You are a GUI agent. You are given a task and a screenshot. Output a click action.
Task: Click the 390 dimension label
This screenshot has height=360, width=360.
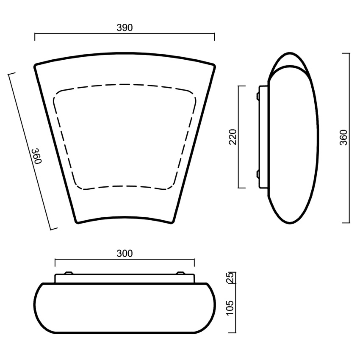click(125, 28)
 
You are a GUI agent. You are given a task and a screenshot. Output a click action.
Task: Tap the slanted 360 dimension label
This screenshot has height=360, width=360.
click(36, 156)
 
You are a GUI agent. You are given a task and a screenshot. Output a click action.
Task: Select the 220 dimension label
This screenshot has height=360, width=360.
click(233, 137)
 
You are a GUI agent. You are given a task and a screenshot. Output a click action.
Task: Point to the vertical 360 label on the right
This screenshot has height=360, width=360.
click(344, 137)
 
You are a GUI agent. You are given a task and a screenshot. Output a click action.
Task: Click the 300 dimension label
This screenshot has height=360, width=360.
click(125, 253)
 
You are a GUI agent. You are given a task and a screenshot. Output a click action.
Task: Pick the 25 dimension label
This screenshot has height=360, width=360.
click(230, 277)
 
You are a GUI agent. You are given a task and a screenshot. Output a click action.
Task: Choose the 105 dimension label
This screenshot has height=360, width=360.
click(230, 308)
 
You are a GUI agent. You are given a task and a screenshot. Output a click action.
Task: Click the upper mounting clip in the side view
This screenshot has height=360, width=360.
click(258, 96)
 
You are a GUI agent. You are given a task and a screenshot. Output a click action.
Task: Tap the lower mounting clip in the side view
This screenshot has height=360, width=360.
click(258, 174)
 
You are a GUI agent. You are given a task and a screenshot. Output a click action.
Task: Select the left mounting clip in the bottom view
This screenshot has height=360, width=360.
click(69, 273)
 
